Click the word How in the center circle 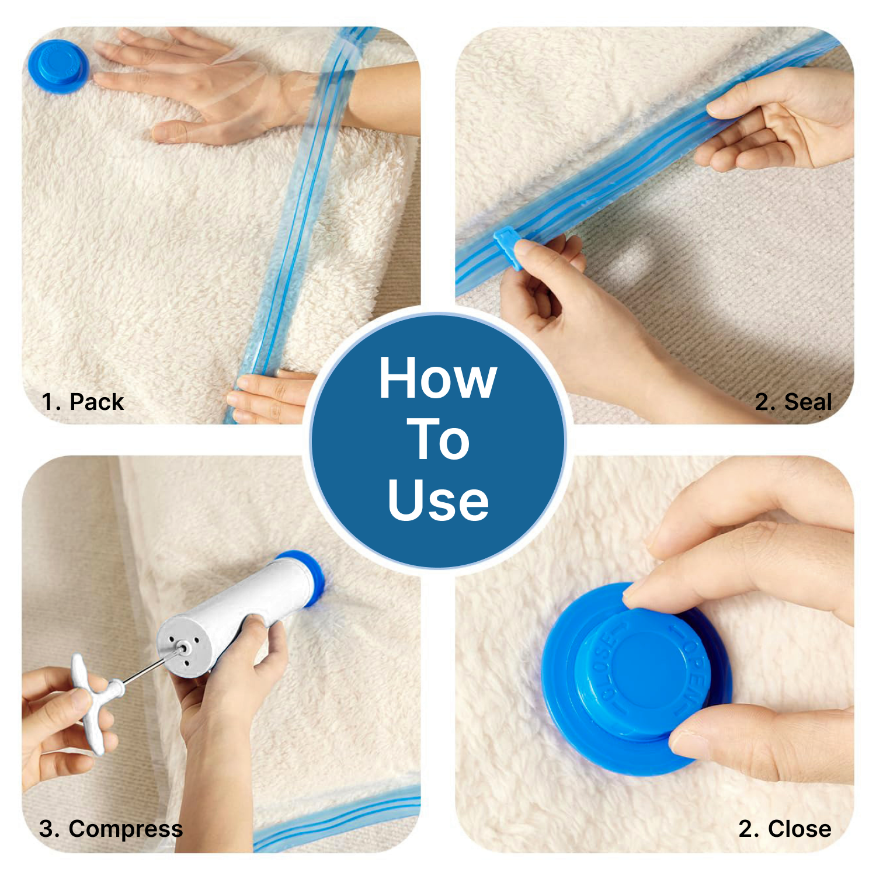437,378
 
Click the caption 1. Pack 83,402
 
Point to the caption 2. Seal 792,402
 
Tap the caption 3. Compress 111,829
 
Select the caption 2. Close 784,829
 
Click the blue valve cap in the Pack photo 57,66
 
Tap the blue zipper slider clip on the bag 508,247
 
